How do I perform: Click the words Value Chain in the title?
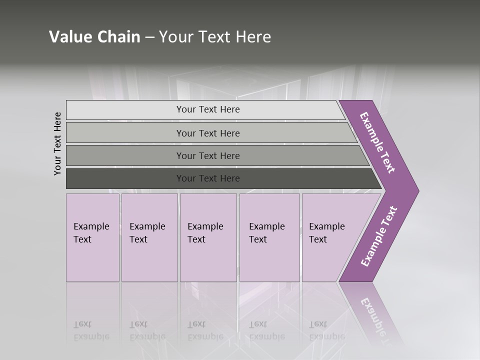click(x=94, y=37)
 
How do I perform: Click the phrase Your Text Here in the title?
click(x=215, y=37)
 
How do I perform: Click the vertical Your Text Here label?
click(x=57, y=143)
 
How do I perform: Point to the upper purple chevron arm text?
click(x=377, y=142)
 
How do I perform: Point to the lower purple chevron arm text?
click(x=379, y=236)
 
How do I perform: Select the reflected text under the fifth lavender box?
click(x=326, y=330)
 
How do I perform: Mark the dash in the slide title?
click(x=149, y=37)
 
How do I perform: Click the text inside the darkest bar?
click(x=208, y=178)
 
